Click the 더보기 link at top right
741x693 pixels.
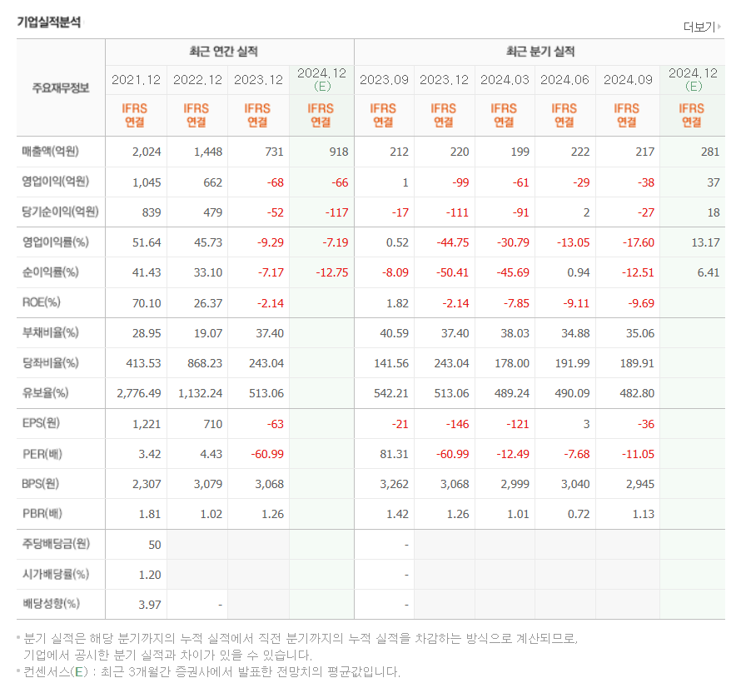(703, 26)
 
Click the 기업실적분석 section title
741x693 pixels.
(49, 22)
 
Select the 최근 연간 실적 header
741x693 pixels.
(223, 52)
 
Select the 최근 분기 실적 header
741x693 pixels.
(540, 52)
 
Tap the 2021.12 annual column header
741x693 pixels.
(136, 80)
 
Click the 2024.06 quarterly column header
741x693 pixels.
(564, 80)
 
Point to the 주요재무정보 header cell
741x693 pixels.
(61, 87)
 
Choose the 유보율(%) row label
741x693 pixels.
(46, 392)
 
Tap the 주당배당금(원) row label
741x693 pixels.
(57, 544)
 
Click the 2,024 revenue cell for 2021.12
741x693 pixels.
(147, 152)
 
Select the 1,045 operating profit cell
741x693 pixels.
(147, 182)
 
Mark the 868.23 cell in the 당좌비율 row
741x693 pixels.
(201, 362)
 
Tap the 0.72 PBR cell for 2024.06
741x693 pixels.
(578, 514)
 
